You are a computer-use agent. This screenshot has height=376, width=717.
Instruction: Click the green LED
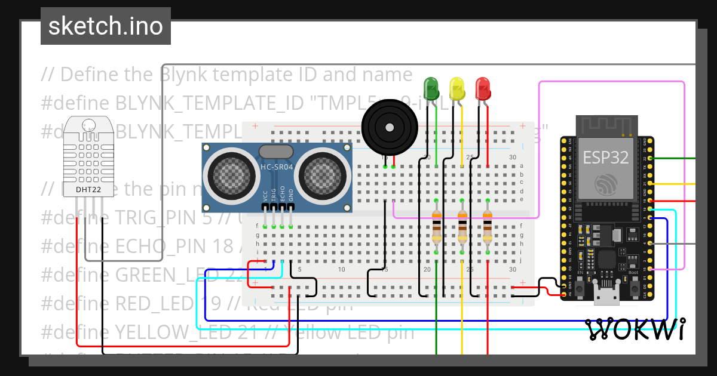431,88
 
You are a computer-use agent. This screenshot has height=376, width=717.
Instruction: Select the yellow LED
456,88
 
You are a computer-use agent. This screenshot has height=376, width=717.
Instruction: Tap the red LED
482,88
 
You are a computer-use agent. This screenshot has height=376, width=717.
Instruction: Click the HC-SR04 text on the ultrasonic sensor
277,167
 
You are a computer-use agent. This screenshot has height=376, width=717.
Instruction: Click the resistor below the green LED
437,227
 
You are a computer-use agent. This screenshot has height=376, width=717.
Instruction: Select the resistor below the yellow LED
462,227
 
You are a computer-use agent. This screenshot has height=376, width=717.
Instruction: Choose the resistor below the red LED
488,227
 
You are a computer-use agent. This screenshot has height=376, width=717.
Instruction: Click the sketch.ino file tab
106,26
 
